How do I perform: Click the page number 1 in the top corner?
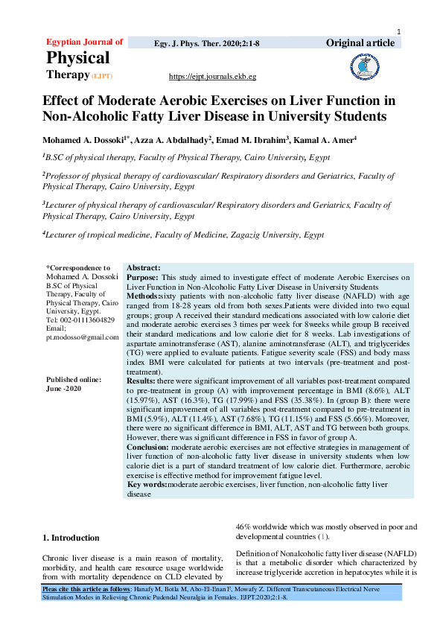pyautogui.click(x=400, y=31)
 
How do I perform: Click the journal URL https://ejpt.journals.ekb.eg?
pyautogui.click(x=213, y=77)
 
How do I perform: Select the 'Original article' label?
pyautogui.click(x=360, y=42)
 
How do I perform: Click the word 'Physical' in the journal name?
pyautogui.click(x=78, y=58)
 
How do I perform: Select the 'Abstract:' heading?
pyautogui.click(x=144, y=267)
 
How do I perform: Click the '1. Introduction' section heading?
pyautogui.click(x=71, y=538)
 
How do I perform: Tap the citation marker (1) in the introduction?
pyautogui.click(x=322, y=536)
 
